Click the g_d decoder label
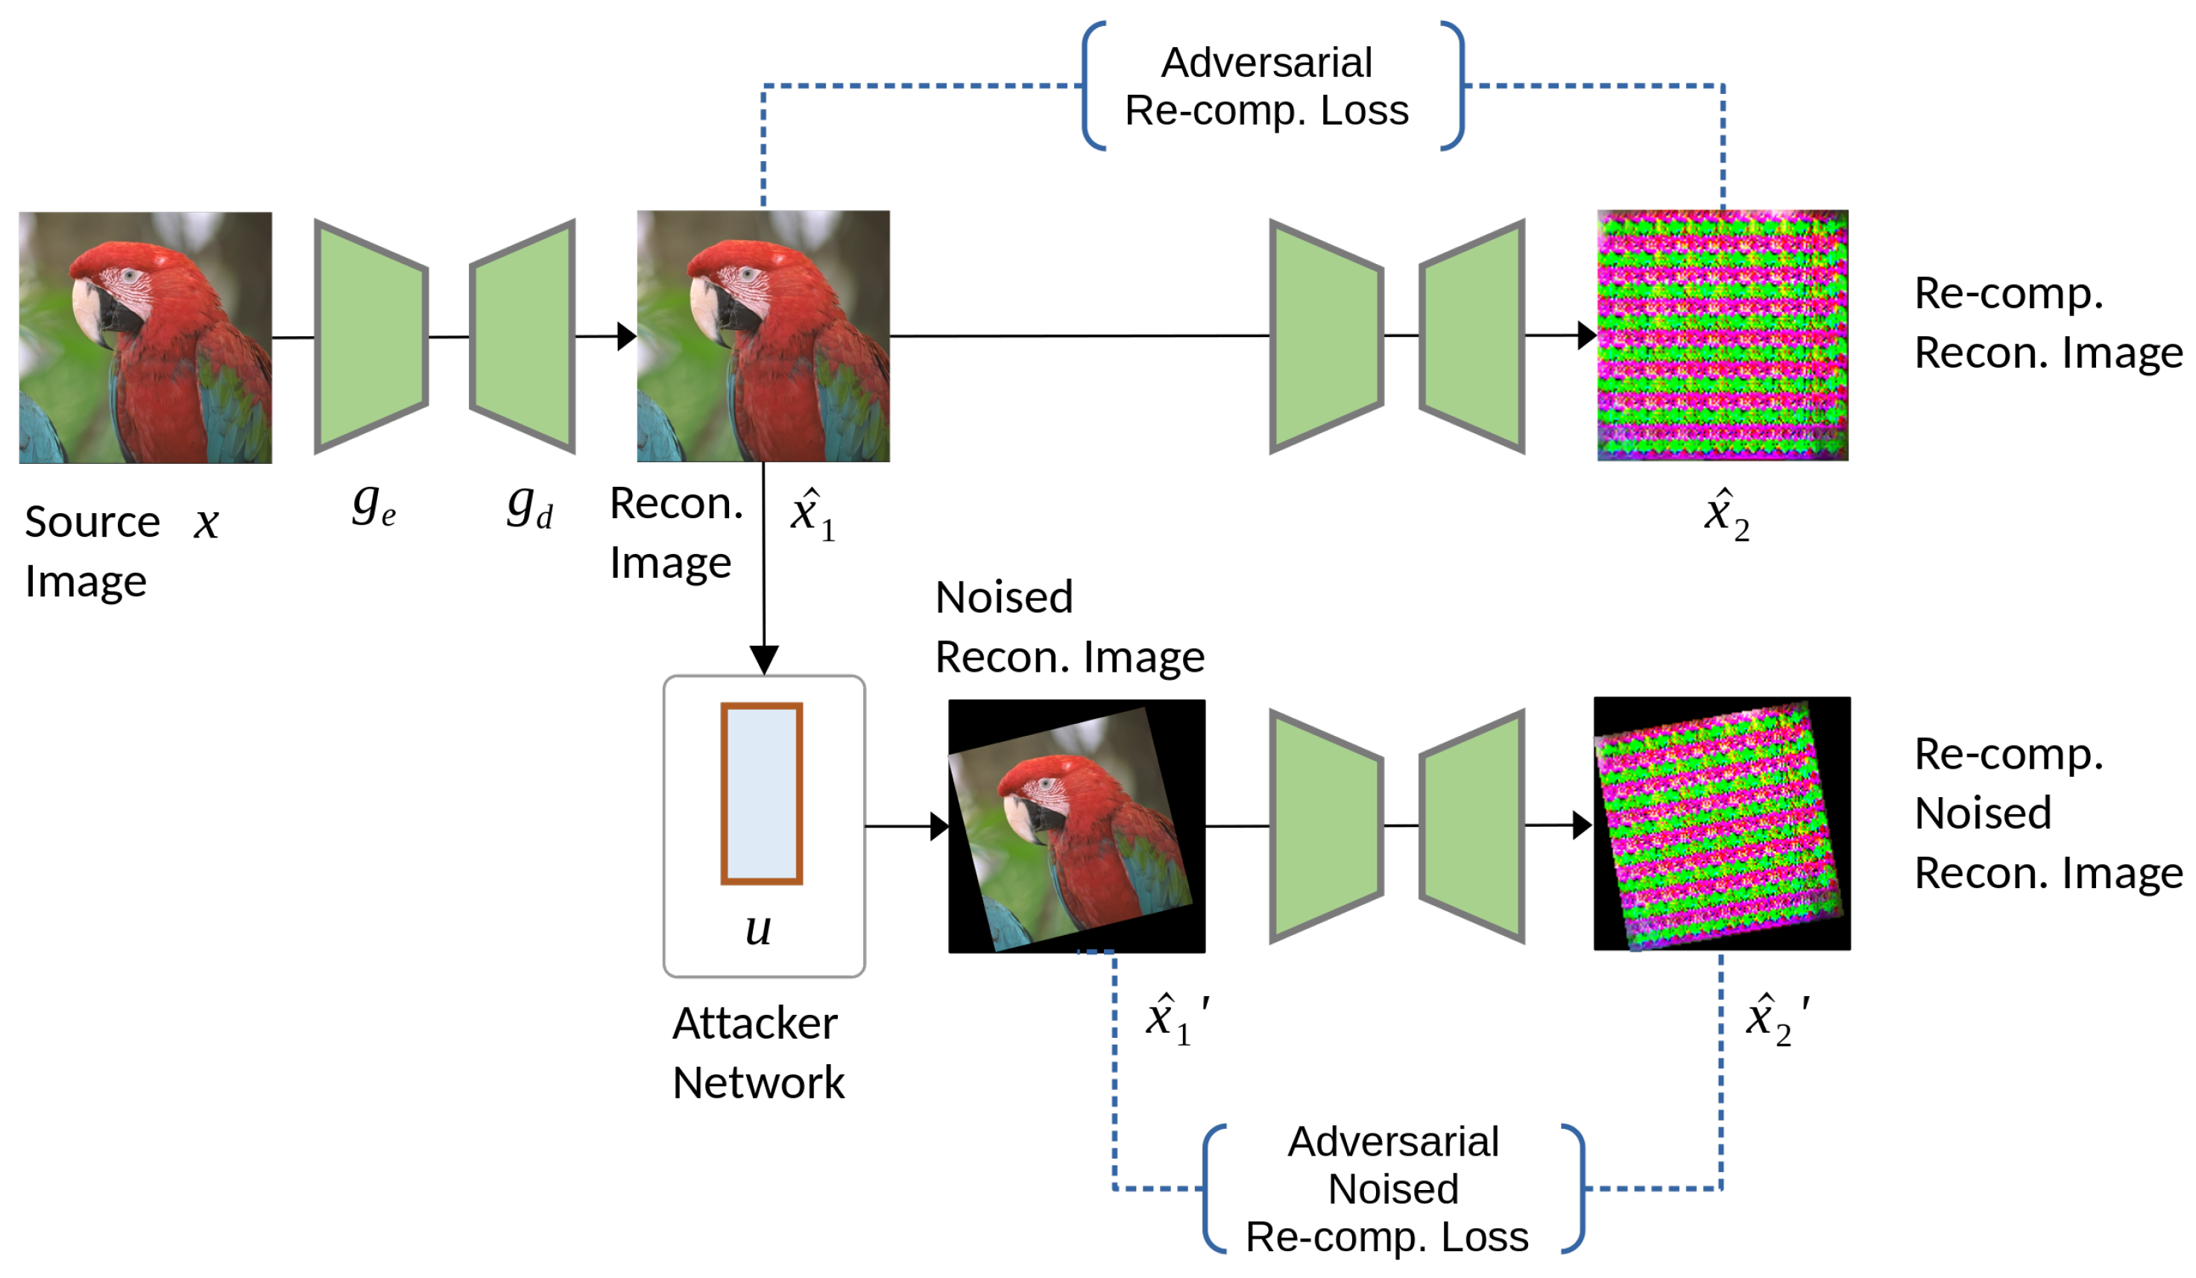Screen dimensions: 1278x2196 (x=530, y=506)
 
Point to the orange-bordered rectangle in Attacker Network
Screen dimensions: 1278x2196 (x=761, y=793)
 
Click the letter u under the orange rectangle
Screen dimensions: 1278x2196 (x=758, y=929)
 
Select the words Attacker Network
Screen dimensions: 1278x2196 (x=757, y=1052)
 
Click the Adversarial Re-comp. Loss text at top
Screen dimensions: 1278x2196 (x=1266, y=86)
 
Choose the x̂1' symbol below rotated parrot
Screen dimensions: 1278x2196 (x=1175, y=1019)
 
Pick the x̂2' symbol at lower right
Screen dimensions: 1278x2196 (x=1776, y=1019)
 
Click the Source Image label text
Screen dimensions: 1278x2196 (x=92, y=551)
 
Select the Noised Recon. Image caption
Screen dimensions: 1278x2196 (x=1068, y=627)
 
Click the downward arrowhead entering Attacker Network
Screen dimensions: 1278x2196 (x=764, y=659)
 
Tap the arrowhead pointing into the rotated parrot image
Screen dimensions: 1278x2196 (x=939, y=825)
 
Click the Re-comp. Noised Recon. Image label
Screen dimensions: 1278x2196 (x=2046, y=813)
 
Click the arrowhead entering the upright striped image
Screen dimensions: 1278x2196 (x=1586, y=335)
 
